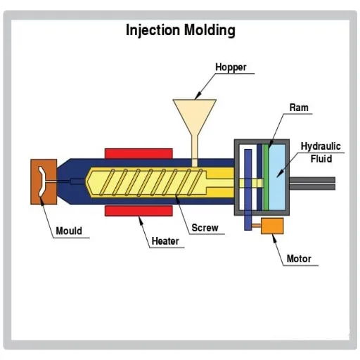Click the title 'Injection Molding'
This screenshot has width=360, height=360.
click(180, 30)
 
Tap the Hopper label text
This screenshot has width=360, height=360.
click(231, 67)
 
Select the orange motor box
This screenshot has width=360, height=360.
click(271, 226)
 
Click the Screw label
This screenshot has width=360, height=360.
click(205, 228)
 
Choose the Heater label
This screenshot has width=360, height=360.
click(165, 241)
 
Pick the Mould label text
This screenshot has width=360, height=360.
click(69, 231)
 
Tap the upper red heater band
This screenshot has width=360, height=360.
click(139, 153)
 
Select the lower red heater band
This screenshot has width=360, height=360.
click(139, 210)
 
